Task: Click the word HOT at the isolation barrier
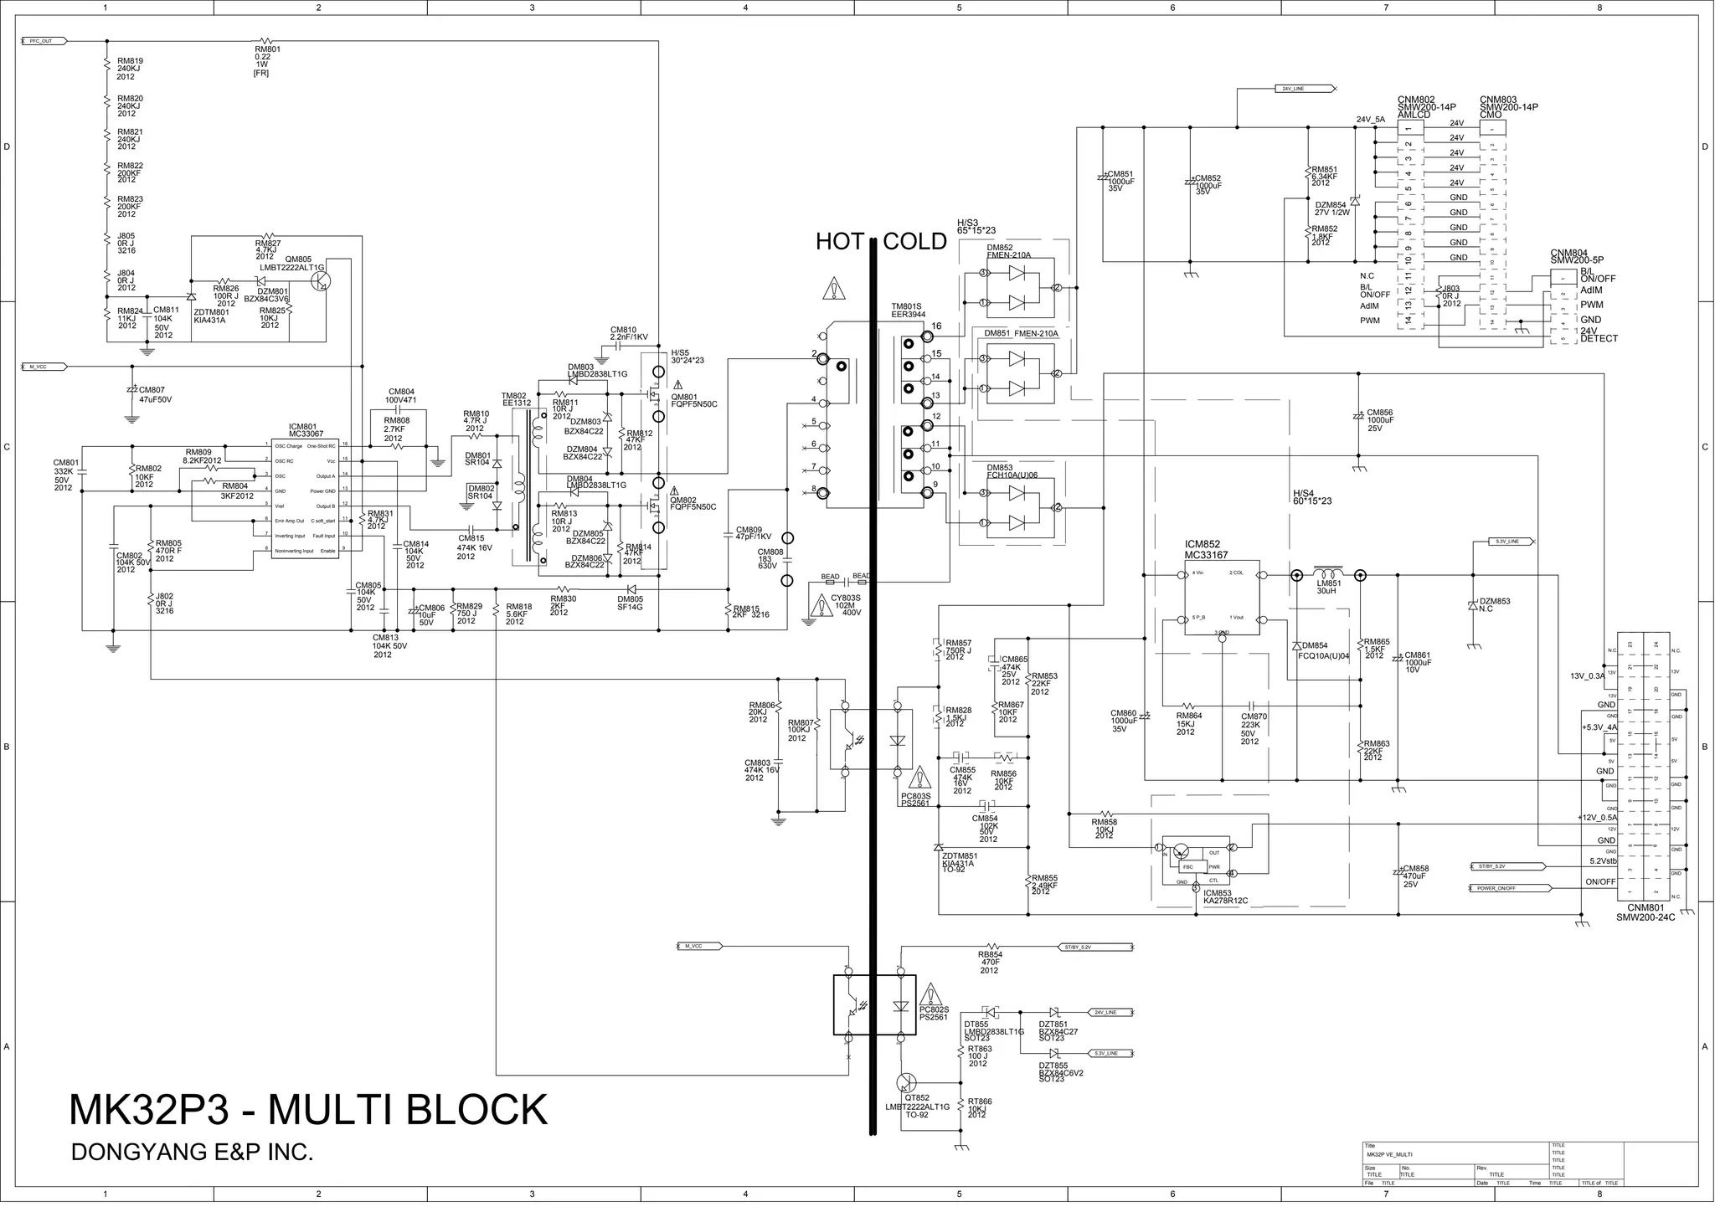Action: (x=840, y=242)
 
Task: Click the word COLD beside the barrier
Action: (x=914, y=242)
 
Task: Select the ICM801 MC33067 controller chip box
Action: (x=306, y=498)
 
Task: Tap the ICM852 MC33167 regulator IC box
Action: (x=1222, y=598)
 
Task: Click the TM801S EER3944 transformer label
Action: (x=909, y=311)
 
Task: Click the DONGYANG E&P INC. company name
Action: (x=193, y=1153)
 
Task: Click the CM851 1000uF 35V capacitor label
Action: (x=1120, y=181)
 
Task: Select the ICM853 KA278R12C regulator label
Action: (x=1225, y=896)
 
